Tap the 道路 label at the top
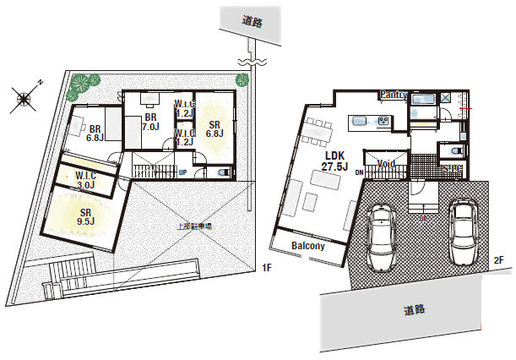pos(252,23)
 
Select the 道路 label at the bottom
pos(413,309)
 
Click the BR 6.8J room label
pos(95,132)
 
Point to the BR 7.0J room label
pos(150,121)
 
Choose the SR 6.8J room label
pos(215,128)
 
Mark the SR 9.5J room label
pos(86,216)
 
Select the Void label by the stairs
pos(387,163)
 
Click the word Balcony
pos(308,246)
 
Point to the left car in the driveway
pos(382,236)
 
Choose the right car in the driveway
pos(464,230)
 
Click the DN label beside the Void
pos(360,172)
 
